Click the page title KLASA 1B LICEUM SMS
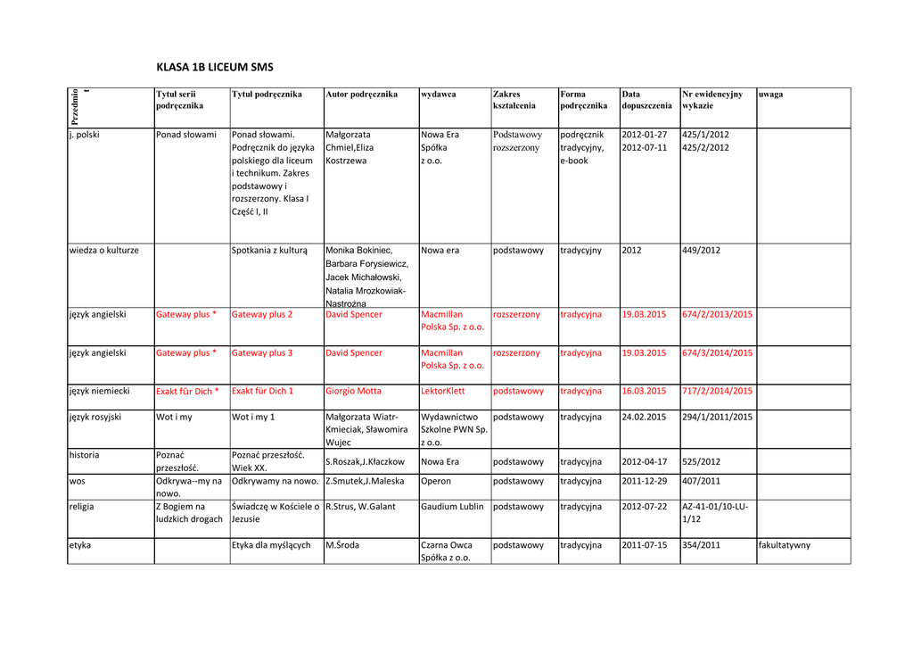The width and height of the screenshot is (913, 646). pyautogui.click(x=215, y=67)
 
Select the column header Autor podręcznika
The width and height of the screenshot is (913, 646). pyautogui.click(x=361, y=94)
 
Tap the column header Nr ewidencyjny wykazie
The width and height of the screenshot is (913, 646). pyautogui.click(x=711, y=99)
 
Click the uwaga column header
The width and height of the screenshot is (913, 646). pyautogui.click(x=770, y=94)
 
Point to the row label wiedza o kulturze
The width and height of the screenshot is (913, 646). pyautogui.click(x=104, y=251)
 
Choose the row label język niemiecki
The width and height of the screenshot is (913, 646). pyautogui.click(x=100, y=391)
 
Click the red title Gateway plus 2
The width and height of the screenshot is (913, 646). pyautogui.click(x=262, y=315)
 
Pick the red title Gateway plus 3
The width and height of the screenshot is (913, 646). pyautogui.click(x=262, y=353)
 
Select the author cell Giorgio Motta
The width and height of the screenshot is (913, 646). pyautogui.click(x=353, y=391)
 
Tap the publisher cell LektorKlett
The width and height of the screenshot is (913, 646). pyautogui.click(x=443, y=391)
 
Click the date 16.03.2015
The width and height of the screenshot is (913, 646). pyautogui.click(x=644, y=391)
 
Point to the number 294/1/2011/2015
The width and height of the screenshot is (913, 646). pyautogui.click(x=717, y=417)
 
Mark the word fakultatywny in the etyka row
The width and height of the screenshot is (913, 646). pyautogui.click(x=785, y=545)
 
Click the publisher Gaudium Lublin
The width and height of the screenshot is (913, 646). pyautogui.click(x=452, y=507)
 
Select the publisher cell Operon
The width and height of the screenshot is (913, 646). pyautogui.click(x=436, y=481)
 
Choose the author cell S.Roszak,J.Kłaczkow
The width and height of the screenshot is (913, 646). pyautogui.click(x=365, y=462)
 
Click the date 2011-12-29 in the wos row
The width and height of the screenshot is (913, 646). pyautogui.click(x=645, y=481)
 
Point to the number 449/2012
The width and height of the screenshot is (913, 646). pyautogui.click(x=701, y=251)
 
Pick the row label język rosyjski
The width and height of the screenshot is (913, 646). pyautogui.click(x=95, y=417)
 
